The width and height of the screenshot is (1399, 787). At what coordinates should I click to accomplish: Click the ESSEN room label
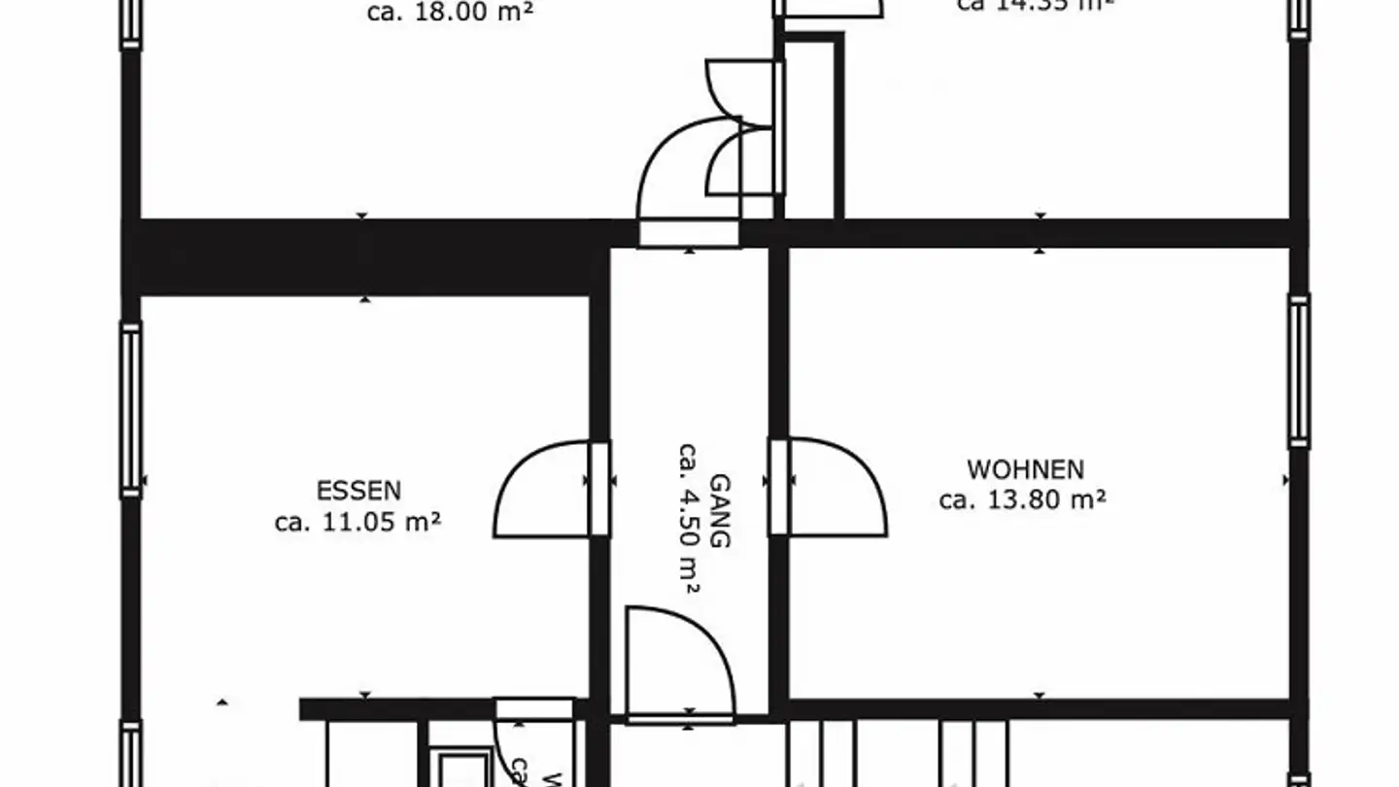click(358, 491)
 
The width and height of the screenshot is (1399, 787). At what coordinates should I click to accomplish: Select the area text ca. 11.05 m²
click(358, 523)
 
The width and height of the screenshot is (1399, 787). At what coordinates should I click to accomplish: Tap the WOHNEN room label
click(1025, 470)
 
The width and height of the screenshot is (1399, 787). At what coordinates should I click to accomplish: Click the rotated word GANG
click(720, 511)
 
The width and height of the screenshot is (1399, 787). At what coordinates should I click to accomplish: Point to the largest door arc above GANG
click(685, 175)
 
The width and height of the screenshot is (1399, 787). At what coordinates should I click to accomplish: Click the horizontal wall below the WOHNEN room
click(1040, 708)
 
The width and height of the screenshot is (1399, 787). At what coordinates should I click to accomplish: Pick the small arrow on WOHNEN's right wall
click(1285, 480)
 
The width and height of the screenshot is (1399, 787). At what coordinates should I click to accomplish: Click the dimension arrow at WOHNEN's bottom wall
click(1040, 696)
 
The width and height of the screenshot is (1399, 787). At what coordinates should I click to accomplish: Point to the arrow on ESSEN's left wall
click(145, 480)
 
